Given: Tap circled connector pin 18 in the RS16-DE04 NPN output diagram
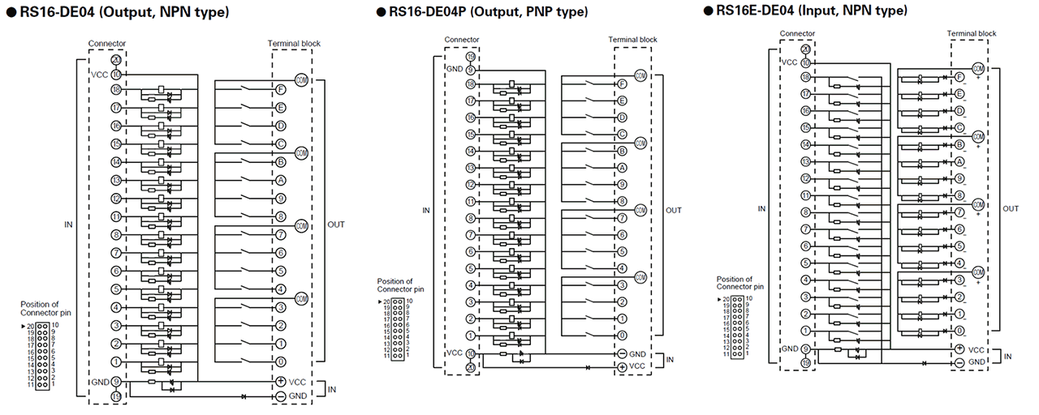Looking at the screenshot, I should coord(117,89).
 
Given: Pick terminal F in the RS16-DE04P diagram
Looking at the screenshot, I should coord(622,84).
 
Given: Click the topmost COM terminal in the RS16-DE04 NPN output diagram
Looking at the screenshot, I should coord(302,79).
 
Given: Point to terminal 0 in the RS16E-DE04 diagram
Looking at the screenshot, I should coord(959,331).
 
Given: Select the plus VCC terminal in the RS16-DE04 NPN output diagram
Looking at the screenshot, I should coord(281,381).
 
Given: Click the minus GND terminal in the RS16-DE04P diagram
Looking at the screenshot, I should coord(622,353).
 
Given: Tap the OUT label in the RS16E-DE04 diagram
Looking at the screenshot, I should coord(1011,208).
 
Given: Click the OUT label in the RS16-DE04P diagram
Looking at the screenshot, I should coord(674,210).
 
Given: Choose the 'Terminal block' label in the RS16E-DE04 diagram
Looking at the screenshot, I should coord(972,33).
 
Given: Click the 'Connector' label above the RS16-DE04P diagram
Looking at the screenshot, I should coord(462,39).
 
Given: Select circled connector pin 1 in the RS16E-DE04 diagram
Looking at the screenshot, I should coord(804,331).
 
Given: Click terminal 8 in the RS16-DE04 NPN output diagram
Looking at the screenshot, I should coord(281,216).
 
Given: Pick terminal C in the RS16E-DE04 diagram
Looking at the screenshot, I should coord(959,127).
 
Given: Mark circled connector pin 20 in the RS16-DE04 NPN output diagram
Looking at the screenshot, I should coord(117,60).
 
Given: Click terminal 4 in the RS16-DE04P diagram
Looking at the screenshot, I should coord(622,268).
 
